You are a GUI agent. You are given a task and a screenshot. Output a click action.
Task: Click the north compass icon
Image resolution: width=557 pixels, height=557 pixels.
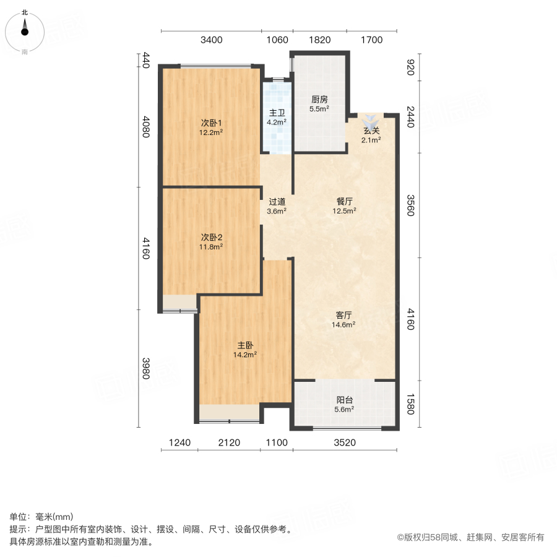tap(25, 30)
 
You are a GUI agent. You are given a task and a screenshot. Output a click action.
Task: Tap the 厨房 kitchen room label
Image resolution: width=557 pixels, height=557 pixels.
tap(319, 99)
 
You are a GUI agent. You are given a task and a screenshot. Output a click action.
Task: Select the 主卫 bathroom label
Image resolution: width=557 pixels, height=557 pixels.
tap(276, 113)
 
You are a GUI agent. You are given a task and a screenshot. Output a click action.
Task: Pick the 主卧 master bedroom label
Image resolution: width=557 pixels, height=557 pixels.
tap(244, 345)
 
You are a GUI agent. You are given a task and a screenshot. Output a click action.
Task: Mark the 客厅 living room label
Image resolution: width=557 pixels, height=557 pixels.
tap(345, 315)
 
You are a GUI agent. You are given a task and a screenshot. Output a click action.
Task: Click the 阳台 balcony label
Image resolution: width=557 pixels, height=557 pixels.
tap(345, 400)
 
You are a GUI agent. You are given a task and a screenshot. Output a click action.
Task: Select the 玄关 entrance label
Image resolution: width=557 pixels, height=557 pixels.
tap(371, 131)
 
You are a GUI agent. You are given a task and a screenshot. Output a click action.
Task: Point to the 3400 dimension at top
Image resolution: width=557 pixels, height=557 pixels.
tap(211, 40)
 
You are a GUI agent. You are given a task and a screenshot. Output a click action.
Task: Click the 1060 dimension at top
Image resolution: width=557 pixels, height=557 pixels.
tap(277, 40)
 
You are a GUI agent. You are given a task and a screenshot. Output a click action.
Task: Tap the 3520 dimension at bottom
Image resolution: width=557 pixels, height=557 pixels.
tap(344, 443)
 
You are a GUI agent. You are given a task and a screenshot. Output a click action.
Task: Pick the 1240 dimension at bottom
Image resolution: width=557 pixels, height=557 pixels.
tap(179, 443)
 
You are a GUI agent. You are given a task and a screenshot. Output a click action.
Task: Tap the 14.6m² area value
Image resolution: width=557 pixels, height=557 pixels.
tap(345, 324)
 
